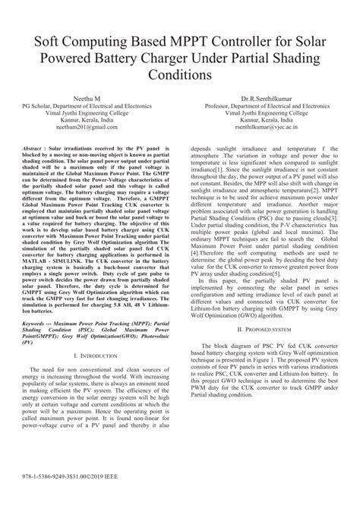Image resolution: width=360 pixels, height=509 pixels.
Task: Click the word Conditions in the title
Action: pyautogui.click(x=179, y=77)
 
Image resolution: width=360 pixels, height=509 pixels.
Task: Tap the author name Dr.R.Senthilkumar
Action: pyautogui.click(x=267, y=100)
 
